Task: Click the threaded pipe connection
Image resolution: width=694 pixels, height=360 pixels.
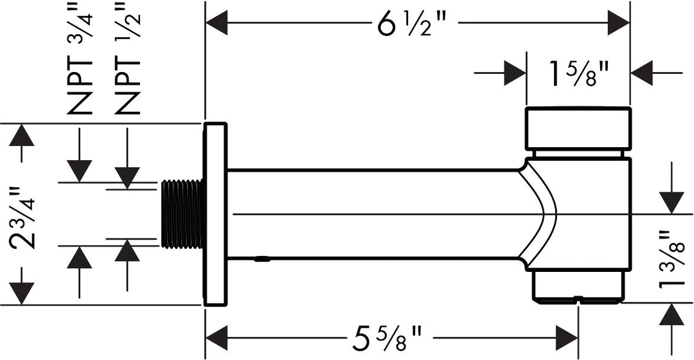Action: (x=182, y=214)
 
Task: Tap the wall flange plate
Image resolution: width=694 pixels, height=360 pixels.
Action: (x=215, y=214)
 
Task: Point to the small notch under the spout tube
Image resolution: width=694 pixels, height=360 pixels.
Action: (x=262, y=260)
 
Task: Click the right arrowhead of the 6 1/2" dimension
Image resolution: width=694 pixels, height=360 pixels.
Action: (x=618, y=24)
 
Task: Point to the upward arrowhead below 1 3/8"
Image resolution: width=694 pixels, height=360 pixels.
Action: (x=672, y=315)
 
